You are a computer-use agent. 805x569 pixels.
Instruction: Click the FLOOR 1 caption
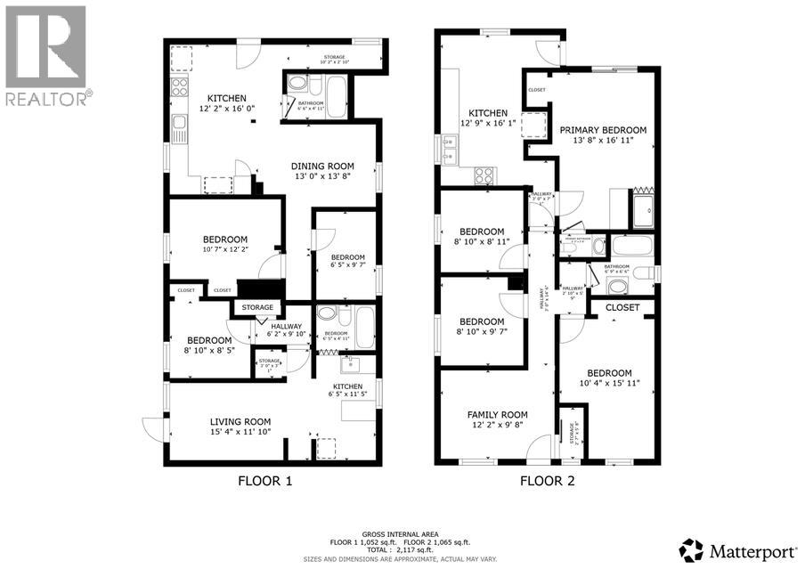[x=264, y=481]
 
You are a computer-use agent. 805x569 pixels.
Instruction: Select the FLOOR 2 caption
[x=547, y=481]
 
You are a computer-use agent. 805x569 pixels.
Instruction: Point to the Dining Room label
[x=323, y=166]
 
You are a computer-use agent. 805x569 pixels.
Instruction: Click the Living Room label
[x=240, y=421]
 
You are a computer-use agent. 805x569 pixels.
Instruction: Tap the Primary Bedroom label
[x=603, y=130]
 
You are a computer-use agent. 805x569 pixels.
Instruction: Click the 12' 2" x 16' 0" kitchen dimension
[x=226, y=109]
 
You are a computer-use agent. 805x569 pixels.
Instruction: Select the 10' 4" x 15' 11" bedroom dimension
[x=608, y=384]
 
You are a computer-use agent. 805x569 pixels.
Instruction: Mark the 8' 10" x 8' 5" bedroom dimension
[x=208, y=351]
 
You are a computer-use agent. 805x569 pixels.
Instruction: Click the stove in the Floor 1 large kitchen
[x=179, y=86]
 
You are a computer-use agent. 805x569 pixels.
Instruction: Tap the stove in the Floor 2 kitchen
[x=485, y=175]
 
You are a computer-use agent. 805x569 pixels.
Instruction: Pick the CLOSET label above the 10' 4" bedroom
[x=622, y=307]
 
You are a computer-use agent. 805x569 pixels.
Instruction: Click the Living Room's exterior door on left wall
[x=151, y=428]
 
